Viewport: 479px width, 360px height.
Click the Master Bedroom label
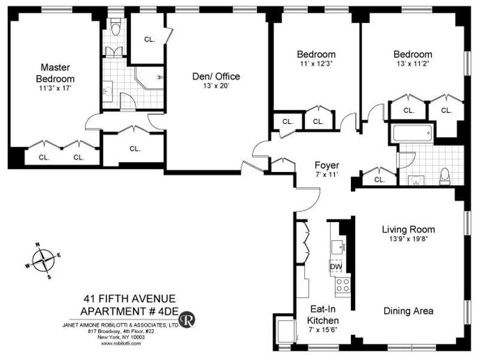coord(55,72)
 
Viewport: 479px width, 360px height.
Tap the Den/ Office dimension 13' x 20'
coord(216,86)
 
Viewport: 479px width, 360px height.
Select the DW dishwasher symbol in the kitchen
coord(336,267)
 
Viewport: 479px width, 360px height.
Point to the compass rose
coord(43,261)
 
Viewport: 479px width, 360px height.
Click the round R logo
coord(187,320)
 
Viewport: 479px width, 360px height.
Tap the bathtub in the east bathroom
coord(413,133)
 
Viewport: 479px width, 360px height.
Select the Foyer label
coord(326,165)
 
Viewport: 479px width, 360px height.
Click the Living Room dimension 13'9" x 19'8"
coord(408,239)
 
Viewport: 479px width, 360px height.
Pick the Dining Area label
coord(408,311)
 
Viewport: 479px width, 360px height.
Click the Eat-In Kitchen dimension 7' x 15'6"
coord(323,329)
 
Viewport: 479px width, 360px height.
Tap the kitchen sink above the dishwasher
coord(338,247)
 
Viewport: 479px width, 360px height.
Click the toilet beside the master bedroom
coord(116,28)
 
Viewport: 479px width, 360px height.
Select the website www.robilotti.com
coord(121,343)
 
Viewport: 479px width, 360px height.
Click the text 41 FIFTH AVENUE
coord(130,298)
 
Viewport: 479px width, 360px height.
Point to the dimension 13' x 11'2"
coord(413,64)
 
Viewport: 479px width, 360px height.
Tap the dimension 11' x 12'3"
coord(316,64)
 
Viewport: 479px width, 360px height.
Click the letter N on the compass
coord(38,244)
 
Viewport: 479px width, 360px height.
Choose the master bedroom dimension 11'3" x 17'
coord(55,89)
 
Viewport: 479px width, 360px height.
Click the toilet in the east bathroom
coord(445,177)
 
